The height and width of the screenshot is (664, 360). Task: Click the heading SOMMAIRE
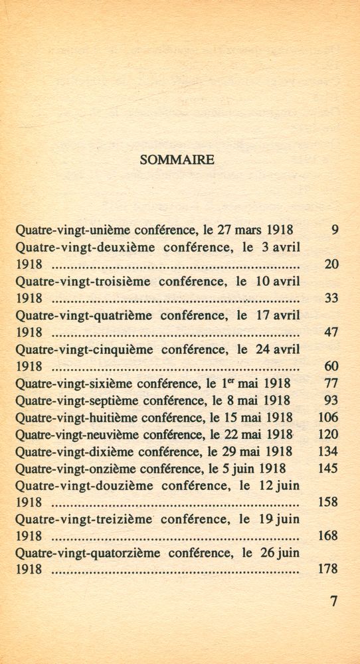tap(177, 159)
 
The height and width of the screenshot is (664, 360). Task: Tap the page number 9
tap(334, 230)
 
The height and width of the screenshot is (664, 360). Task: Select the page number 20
tap(331, 264)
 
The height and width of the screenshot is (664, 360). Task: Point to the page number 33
tap(331, 298)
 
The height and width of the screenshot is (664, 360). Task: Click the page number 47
tap(331, 332)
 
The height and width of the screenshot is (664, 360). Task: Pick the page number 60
tap(331, 366)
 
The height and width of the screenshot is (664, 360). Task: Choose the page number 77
tap(331, 383)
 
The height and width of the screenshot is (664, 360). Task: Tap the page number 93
tap(331, 400)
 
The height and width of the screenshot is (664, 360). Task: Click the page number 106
tap(328, 417)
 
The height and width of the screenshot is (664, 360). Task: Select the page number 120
tap(328, 434)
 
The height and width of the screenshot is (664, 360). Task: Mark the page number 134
tap(328, 452)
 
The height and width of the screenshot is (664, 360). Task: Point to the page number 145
tap(328, 468)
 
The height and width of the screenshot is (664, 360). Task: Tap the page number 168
tap(328, 535)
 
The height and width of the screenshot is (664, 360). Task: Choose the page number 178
tap(328, 569)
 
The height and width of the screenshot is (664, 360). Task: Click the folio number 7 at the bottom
tap(333, 602)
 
